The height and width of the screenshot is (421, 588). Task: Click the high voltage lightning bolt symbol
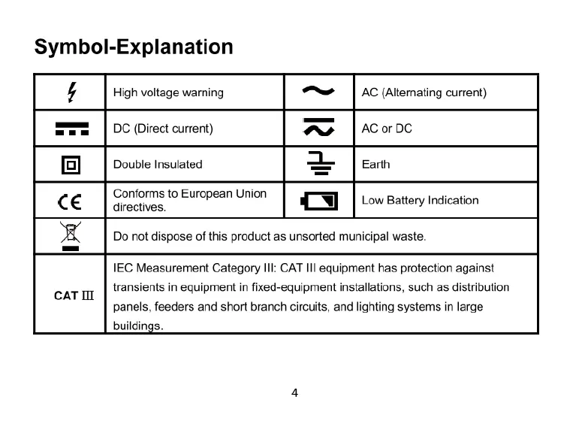pyautogui.click(x=71, y=92)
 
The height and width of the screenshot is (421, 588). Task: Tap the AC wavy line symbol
pyautogui.click(x=318, y=92)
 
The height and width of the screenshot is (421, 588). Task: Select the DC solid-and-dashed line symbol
pyautogui.click(x=71, y=129)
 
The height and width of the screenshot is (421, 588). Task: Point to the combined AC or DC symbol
pyautogui.click(x=318, y=129)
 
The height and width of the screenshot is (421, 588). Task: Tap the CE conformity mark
pyautogui.click(x=71, y=201)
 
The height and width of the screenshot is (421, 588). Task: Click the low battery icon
pyautogui.click(x=319, y=201)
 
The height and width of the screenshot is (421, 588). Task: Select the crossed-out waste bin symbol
pyautogui.click(x=71, y=235)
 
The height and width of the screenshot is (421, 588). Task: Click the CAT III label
pyautogui.click(x=74, y=295)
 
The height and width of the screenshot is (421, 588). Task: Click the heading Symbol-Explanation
pyautogui.click(x=134, y=47)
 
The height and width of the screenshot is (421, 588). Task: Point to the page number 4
pyautogui.click(x=294, y=392)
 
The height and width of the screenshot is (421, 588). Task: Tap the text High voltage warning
pyautogui.click(x=168, y=92)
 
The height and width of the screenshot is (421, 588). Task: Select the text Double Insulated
pyautogui.click(x=158, y=164)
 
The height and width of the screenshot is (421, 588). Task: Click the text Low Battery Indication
pyautogui.click(x=420, y=200)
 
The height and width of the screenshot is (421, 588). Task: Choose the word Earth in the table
pyautogui.click(x=375, y=164)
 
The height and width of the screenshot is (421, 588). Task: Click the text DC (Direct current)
pyautogui.click(x=163, y=129)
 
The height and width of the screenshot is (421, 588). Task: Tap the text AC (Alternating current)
pyautogui.click(x=424, y=92)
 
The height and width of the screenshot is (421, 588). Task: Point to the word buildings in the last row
pyautogui.click(x=137, y=326)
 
